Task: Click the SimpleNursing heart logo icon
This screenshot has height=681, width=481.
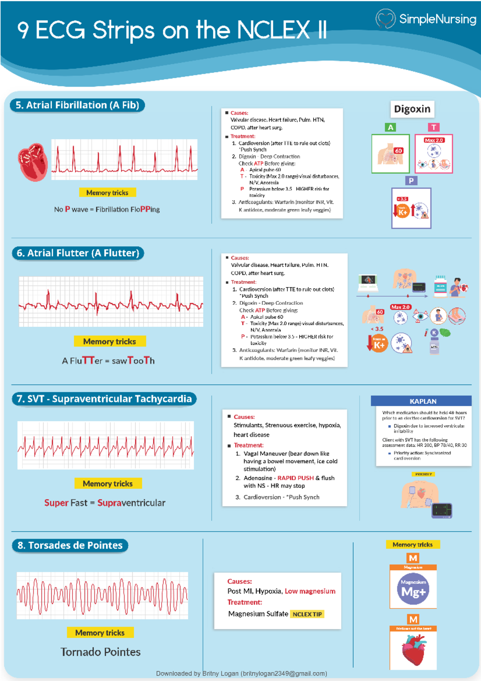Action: point(385,18)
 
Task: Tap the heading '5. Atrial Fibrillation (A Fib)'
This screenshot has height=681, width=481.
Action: point(77,105)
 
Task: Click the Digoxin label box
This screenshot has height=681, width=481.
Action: point(412,109)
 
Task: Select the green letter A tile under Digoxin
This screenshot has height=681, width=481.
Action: point(390,128)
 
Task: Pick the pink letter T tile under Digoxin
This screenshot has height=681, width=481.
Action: point(434,128)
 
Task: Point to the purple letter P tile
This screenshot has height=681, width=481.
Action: point(411,181)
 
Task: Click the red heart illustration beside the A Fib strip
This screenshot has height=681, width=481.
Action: point(33,162)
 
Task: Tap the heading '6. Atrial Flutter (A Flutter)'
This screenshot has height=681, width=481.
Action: point(78,253)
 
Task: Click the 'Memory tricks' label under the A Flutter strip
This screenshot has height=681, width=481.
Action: point(109,342)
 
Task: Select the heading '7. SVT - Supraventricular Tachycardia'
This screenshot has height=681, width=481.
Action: point(104,399)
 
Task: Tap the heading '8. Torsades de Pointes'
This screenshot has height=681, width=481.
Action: point(70,545)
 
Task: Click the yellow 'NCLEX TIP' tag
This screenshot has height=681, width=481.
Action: point(307,614)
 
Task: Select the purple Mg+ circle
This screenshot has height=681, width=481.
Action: point(413,589)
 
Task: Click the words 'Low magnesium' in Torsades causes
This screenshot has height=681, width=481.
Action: point(310,591)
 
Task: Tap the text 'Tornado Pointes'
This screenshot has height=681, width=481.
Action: point(101,652)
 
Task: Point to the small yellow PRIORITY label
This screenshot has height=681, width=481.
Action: point(423,474)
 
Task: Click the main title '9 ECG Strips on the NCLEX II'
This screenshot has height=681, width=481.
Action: point(172,30)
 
